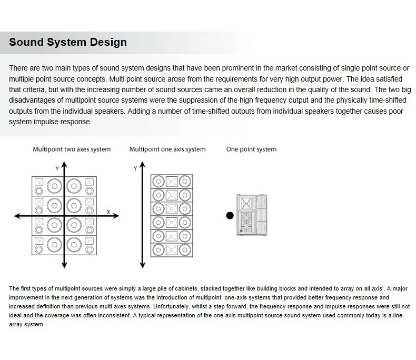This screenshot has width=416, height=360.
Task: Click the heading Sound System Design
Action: tap(68, 42)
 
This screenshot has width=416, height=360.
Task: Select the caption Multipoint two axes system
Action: tap(72, 149)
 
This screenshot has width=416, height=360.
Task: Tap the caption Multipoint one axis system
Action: tap(167, 149)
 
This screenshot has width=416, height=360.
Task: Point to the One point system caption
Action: tap(251, 149)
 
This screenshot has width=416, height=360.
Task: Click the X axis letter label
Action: tap(108, 212)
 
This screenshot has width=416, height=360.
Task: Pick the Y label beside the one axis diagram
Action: tap(135, 168)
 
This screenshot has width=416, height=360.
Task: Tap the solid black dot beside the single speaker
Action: tap(229, 215)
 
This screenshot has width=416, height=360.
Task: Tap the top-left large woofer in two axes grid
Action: tap(53, 185)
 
